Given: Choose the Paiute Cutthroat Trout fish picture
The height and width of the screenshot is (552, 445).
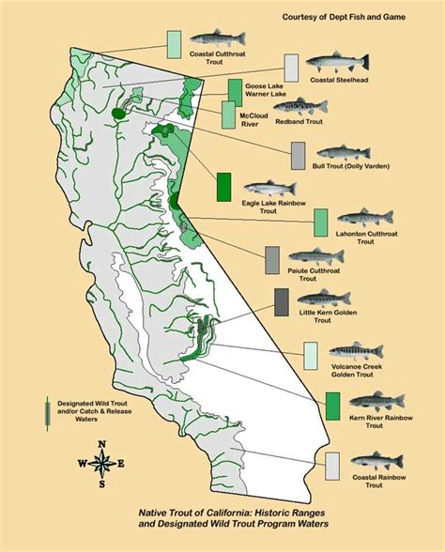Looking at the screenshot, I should pyautogui.click(x=314, y=255).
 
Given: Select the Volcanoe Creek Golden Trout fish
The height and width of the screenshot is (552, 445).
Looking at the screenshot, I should pyautogui.click(x=357, y=352).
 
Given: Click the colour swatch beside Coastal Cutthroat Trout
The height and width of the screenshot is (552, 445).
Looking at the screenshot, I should pyautogui.click(x=174, y=44).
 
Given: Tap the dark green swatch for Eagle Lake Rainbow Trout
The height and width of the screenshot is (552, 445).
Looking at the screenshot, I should pyautogui.click(x=223, y=187).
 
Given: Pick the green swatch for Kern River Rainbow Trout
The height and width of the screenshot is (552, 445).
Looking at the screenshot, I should pyautogui.click(x=332, y=405).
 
